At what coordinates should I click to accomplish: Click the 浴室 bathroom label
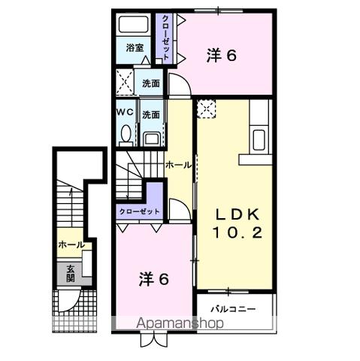coord(135,47)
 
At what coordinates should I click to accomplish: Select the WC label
coord(126,114)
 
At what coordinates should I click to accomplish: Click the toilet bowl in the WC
coord(126,135)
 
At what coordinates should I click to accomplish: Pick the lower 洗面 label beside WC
coord(151,115)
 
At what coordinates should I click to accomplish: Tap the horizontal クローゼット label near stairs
coord(140,212)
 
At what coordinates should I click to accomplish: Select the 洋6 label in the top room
coord(222,54)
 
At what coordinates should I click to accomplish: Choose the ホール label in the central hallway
coord(178,165)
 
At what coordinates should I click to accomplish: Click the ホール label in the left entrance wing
coord(71,244)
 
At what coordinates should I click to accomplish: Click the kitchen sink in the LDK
coord(259,139)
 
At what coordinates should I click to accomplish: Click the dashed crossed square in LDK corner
coord(205,110)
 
